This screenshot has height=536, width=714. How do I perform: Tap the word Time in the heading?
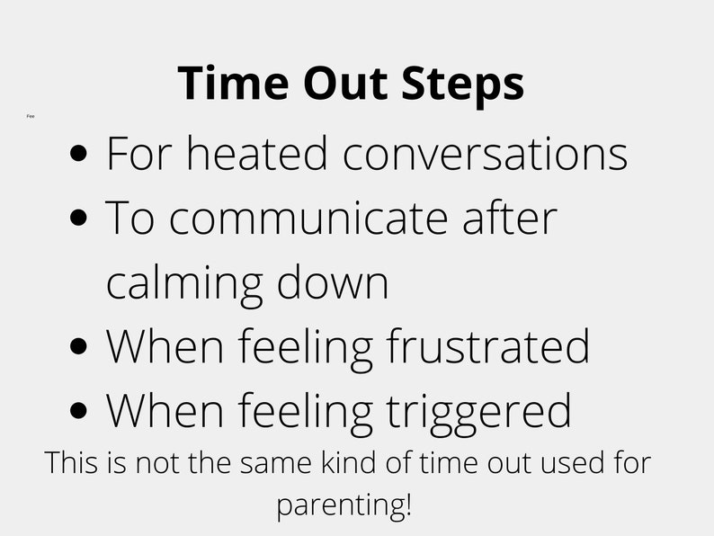tap(232, 83)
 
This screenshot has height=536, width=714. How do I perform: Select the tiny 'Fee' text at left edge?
tap(31, 116)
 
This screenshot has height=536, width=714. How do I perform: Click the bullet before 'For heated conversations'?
tap(81, 154)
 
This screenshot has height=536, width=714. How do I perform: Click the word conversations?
tap(485, 153)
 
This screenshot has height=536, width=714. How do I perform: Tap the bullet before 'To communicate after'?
tap(81, 219)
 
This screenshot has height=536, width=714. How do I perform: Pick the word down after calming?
tap(333, 282)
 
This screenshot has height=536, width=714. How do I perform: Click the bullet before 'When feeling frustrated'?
tap(81, 347)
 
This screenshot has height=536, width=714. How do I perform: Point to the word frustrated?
tap(488, 346)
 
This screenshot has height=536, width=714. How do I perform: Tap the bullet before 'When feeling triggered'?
tap(81, 411)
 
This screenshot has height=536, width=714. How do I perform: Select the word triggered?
tap(479, 412)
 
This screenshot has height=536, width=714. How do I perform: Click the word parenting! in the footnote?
tap(344, 505)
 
